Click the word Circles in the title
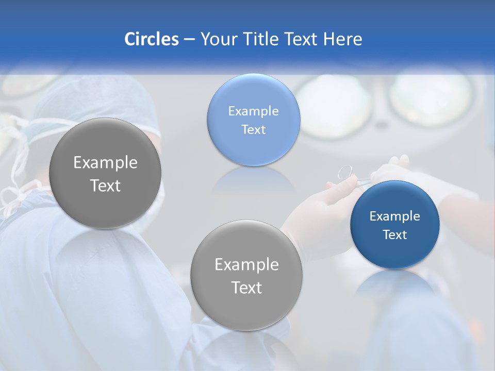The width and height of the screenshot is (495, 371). tap(151, 39)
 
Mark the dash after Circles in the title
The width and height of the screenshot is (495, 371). tap(189, 40)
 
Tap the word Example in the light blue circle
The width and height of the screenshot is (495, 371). tap(253, 111)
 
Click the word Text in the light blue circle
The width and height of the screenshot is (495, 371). tap(253, 130)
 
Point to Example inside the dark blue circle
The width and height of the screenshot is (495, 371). tap(394, 216)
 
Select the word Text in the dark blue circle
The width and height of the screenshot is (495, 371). tap(394, 235)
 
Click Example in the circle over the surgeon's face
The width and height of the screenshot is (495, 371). tap(105, 163)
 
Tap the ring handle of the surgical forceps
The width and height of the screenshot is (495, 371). tap(344, 172)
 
